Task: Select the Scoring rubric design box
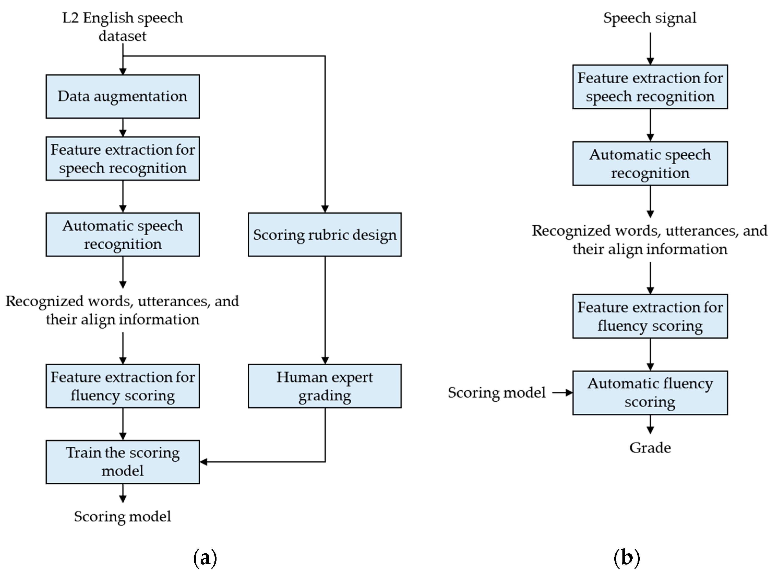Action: coord(325,234)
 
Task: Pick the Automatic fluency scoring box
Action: coord(650,393)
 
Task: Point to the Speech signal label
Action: coord(650,18)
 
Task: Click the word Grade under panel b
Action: coord(650,448)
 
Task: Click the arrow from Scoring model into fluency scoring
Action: coord(562,393)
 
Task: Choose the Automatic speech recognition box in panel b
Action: coord(650,163)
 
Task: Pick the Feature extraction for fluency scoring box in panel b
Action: coord(650,316)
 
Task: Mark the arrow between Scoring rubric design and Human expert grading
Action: coord(325,310)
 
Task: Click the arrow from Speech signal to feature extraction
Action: coord(650,49)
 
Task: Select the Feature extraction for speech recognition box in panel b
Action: coord(650,87)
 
